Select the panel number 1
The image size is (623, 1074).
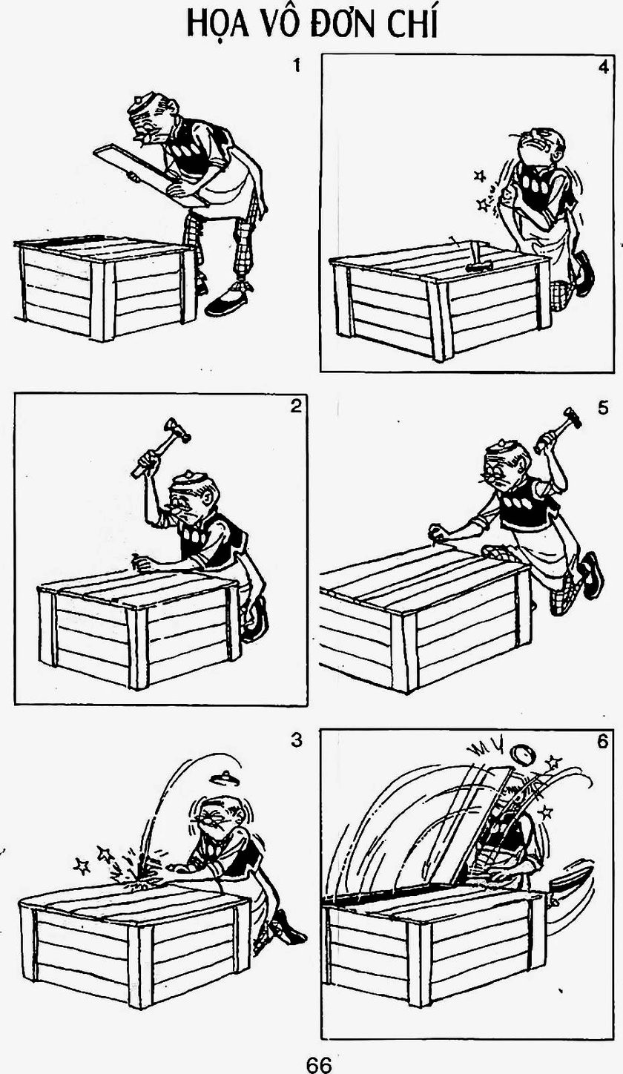[x=297, y=65]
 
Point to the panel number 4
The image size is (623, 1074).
[x=603, y=67]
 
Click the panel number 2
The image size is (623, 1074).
[x=296, y=406]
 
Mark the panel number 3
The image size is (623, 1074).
[x=297, y=740]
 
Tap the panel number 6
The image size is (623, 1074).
[x=602, y=742]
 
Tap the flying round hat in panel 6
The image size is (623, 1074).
[x=522, y=757]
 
